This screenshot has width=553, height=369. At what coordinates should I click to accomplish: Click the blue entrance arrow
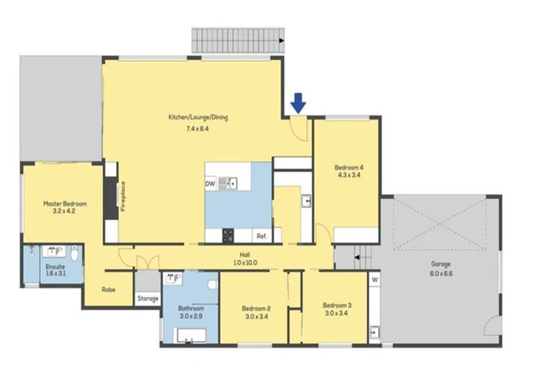(x=298, y=104)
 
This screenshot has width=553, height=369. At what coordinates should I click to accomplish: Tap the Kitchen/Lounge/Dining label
(x=198, y=117)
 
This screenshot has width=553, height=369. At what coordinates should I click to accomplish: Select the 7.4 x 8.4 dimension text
(x=198, y=128)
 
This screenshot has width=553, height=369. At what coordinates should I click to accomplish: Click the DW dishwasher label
(x=210, y=184)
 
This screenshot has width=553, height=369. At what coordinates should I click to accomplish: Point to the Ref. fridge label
(x=261, y=236)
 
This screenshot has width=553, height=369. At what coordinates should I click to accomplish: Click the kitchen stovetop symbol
(x=229, y=235)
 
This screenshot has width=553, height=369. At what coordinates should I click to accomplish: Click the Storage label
(x=148, y=298)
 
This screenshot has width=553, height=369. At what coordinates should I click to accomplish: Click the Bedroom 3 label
(x=337, y=304)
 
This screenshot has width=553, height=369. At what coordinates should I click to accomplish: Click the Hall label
(x=245, y=254)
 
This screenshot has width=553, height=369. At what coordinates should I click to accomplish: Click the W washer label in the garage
(x=374, y=279)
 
